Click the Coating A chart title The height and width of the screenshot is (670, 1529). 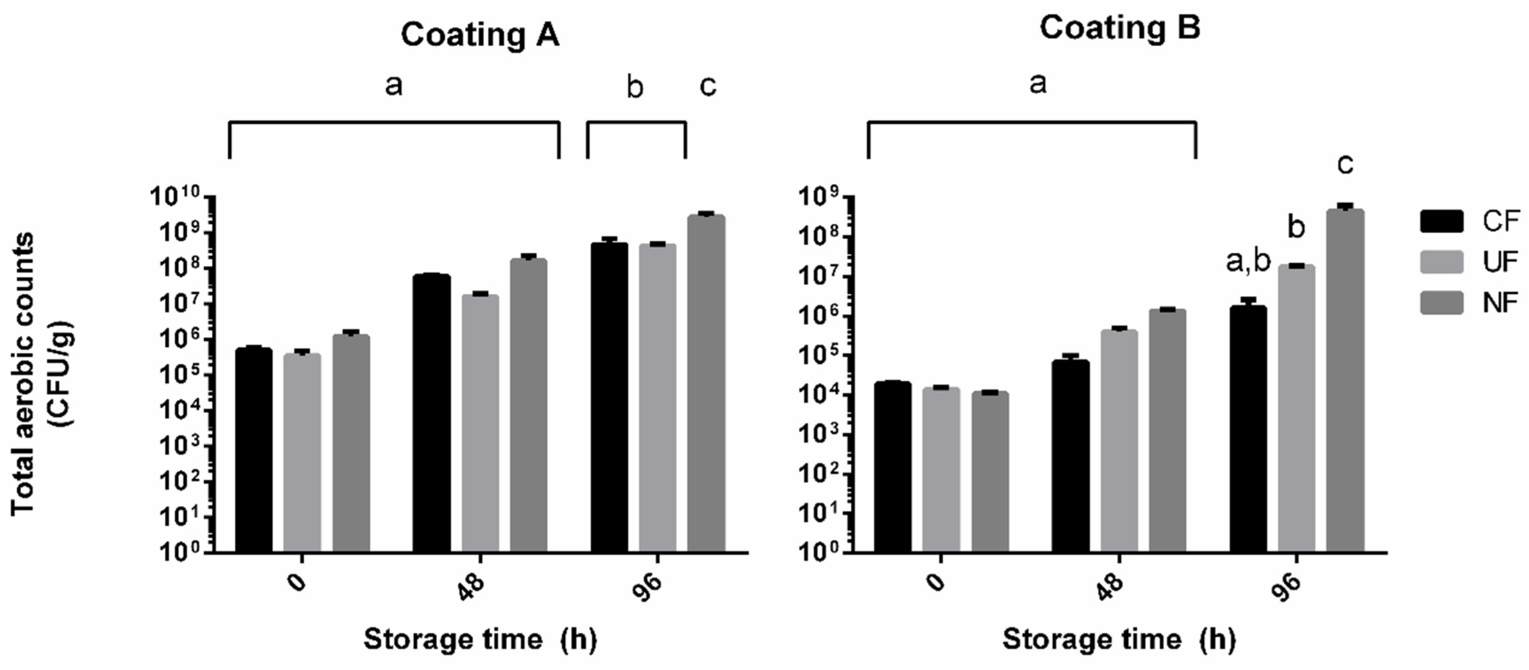[x=480, y=35]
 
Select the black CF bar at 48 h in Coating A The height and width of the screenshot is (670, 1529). [x=431, y=413]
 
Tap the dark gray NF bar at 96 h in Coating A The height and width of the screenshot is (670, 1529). [x=706, y=383]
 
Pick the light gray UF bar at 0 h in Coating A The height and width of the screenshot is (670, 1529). [x=302, y=453]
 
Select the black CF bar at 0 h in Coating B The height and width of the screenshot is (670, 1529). [x=893, y=467]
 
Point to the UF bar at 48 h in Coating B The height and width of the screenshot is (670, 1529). [x=1119, y=441]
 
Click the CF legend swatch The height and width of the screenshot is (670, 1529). [x=1441, y=221]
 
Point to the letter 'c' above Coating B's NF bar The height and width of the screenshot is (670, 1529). [x=1345, y=164]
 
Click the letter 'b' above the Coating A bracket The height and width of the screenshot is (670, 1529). [x=635, y=88]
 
